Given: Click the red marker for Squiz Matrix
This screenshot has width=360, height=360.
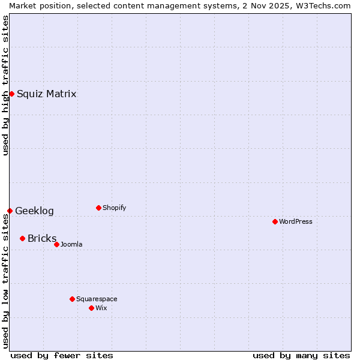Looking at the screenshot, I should (x=11, y=94).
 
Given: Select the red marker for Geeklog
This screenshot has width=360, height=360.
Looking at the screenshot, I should (x=10, y=211).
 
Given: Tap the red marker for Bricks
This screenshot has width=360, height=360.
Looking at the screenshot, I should (x=22, y=238).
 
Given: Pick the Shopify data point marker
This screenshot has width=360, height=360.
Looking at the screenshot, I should (x=98, y=208).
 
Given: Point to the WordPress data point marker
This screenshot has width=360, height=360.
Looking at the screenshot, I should (x=275, y=221).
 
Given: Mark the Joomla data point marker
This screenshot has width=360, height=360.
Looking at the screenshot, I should (x=56, y=244).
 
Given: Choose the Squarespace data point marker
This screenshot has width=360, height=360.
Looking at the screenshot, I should (x=72, y=299).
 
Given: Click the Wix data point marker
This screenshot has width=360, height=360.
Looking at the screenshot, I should (x=91, y=308).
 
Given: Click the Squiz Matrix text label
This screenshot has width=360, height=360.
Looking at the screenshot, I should (x=46, y=94).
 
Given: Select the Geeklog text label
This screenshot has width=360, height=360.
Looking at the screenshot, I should (x=34, y=211).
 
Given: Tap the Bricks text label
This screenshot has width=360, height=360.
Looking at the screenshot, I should (x=42, y=238).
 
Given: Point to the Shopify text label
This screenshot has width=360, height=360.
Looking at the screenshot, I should (x=114, y=208).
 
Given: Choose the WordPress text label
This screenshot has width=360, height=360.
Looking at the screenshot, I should (x=295, y=221).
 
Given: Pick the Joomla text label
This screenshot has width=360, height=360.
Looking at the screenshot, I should (x=71, y=244).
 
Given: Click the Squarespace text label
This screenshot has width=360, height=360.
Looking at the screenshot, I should (x=97, y=299).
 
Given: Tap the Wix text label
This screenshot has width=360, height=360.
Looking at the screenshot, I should (x=101, y=308).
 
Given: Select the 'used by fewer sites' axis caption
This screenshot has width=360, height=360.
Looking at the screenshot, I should (x=62, y=355).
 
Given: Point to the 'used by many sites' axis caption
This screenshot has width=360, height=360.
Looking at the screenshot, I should (x=301, y=355).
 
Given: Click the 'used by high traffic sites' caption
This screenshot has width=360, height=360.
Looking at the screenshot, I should (x=5, y=85).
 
